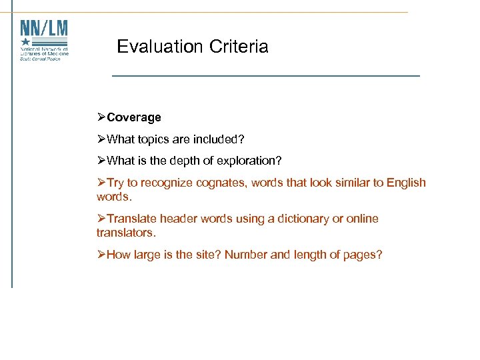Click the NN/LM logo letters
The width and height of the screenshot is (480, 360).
click(44, 30)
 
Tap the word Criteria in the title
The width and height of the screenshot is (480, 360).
click(239, 47)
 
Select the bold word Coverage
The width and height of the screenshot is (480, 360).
click(134, 117)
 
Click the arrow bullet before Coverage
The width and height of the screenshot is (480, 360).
click(101, 117)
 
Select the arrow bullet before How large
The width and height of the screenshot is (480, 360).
click(101, 254)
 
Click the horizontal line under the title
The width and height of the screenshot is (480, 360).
click(266, 76)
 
